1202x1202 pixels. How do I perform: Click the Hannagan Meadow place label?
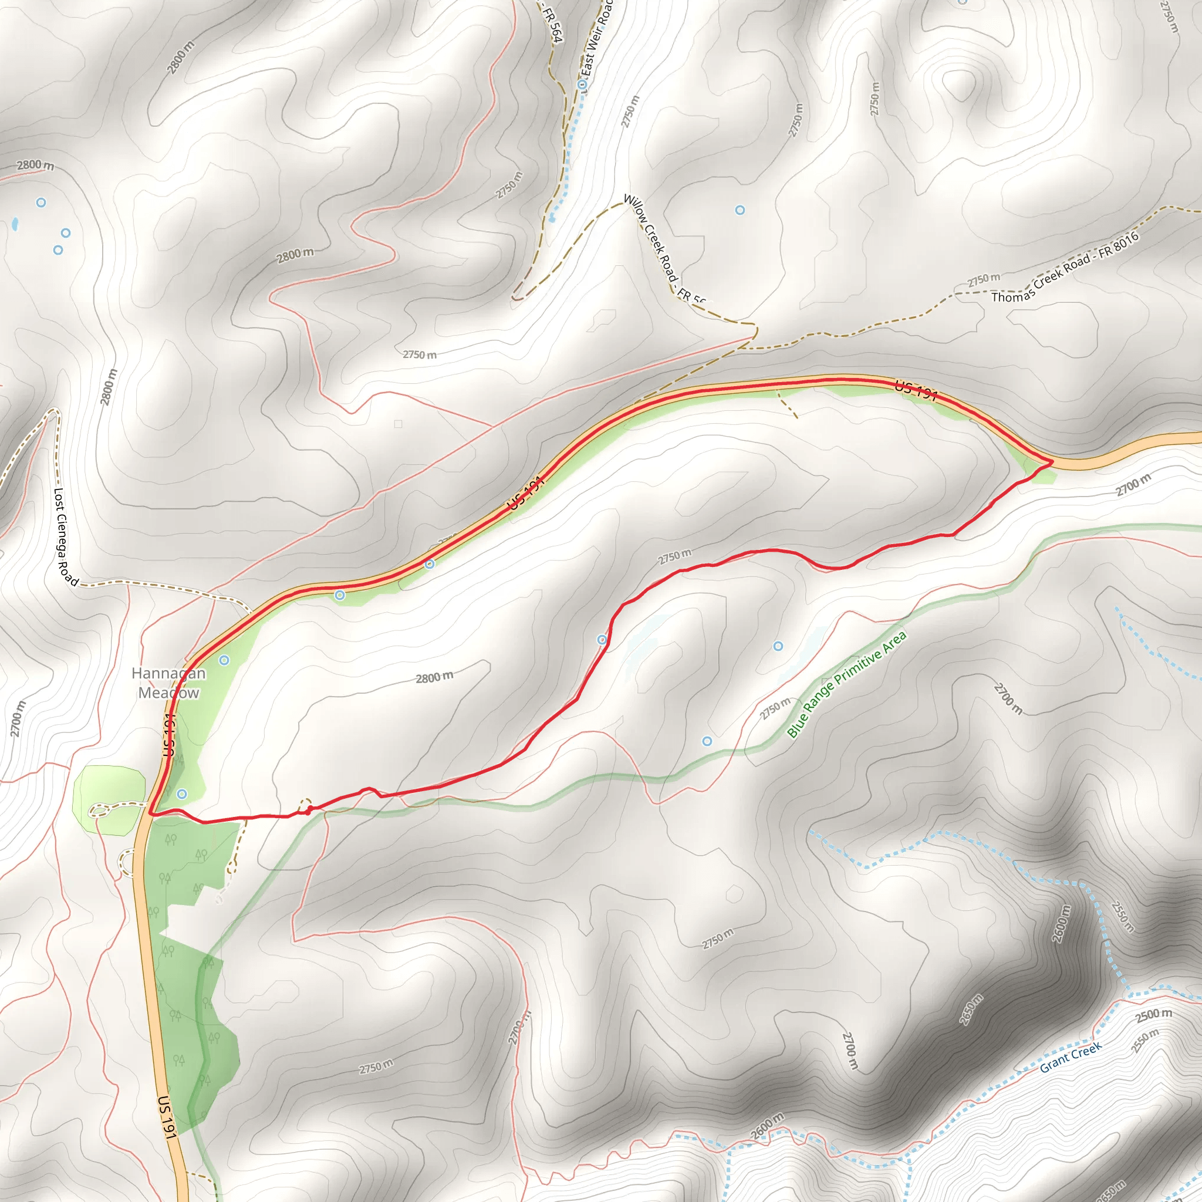pos(168,683)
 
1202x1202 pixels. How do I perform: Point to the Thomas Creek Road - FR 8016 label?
pos(1065,267)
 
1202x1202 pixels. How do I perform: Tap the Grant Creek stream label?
pos(1070,1058)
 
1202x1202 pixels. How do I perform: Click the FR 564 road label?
pos(552,25)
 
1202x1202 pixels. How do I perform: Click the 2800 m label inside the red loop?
pos(434,677)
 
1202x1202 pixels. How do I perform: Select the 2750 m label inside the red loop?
pos(674,556)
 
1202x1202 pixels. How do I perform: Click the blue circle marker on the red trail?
pos(602,640)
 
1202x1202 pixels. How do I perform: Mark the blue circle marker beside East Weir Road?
pos(583,85)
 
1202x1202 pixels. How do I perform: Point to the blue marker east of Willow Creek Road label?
pos(740,210)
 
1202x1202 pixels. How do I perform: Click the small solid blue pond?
pos(13,224)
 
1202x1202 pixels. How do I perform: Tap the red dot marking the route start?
pos(309,810)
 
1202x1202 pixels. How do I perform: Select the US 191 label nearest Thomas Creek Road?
pos(916,391)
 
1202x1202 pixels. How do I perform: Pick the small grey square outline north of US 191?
pos(398,424)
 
